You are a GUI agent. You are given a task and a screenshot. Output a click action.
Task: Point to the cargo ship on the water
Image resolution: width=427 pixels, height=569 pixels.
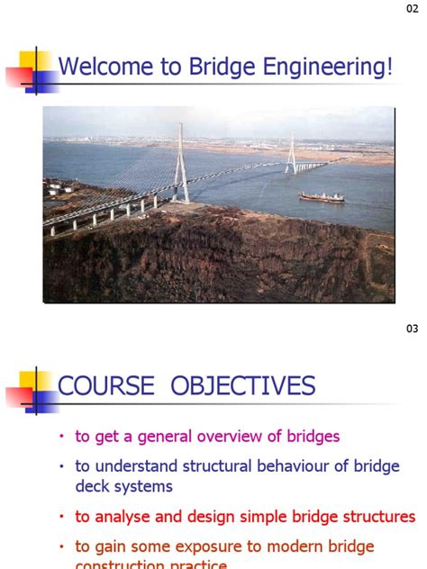[x=321, y=196]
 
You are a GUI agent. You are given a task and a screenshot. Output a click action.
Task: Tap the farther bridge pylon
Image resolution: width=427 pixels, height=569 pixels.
[x=291, y=152]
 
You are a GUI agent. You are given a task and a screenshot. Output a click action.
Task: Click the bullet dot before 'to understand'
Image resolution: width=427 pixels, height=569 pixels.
[x=62, y=467]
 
